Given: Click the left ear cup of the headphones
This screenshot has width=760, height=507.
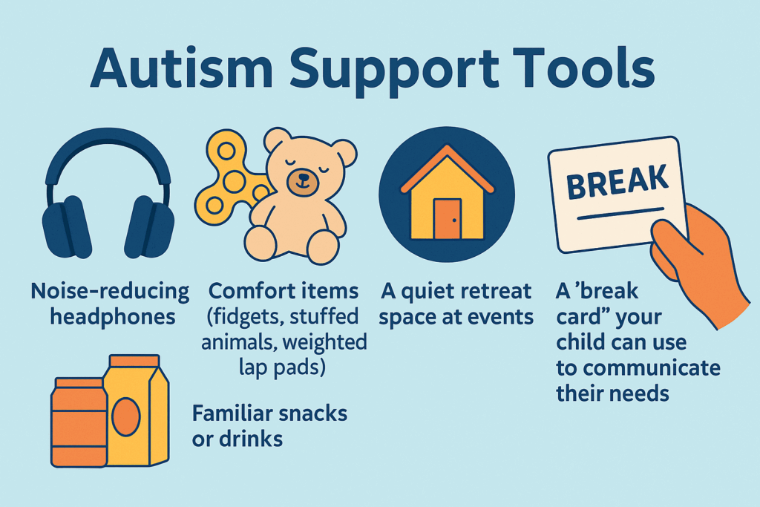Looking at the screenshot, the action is [x=67, y=227].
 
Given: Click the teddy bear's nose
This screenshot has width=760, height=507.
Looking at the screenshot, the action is [x=303, y=177].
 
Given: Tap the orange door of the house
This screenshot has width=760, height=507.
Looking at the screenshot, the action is [x=448, y=218].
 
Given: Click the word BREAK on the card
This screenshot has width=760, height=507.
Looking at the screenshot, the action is [x=617, y=181].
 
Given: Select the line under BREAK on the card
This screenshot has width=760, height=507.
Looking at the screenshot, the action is [x=620, y=214].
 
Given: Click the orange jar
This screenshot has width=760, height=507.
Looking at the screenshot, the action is [x=79, y=422].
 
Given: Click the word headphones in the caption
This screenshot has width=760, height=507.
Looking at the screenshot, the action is [x=113, y=317].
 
